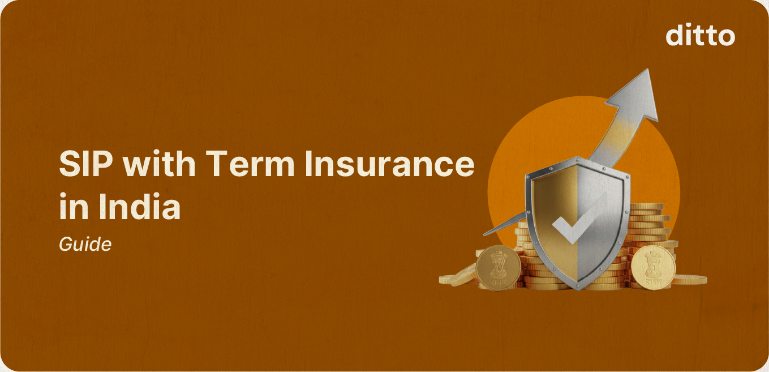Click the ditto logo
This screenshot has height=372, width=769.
click(x=700, y=36)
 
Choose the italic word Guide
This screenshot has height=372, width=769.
click(x=85, y=245)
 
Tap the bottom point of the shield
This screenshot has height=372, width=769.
click(x=577, y=288)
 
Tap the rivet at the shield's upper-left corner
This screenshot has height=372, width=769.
click(x=529, y=175)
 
